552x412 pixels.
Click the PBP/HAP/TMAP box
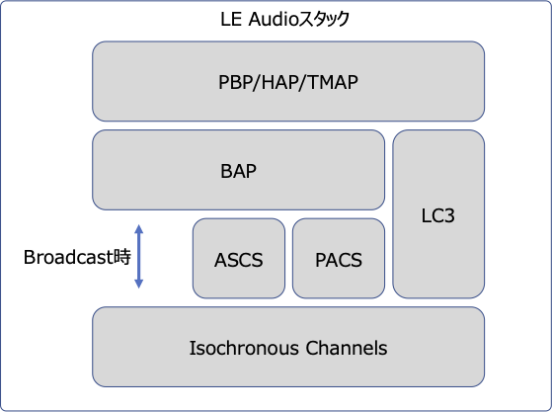tap(288, 81)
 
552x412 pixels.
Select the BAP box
tap(238, 170)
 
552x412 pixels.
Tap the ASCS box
tap(239, 259)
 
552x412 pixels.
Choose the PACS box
tap(339, 259)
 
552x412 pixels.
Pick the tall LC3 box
tap(438, 214)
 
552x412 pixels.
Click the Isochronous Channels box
tap(288, 347)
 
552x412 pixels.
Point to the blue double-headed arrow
tap(139, 256)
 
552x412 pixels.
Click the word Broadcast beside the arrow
tap(65, 257)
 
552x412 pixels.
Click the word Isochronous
tap(244, 348)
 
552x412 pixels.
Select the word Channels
tap(347, 348)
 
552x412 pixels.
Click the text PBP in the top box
tap(236, 82)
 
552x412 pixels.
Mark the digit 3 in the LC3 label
tap(449, 215)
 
